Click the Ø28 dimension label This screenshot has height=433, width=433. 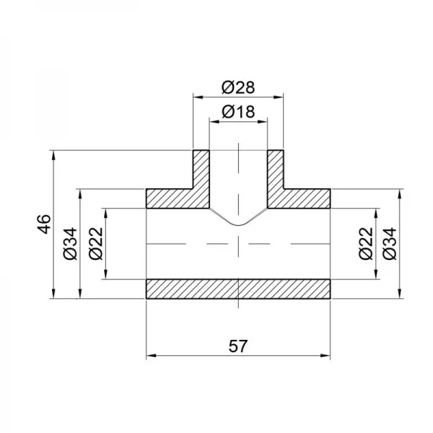[237, 87]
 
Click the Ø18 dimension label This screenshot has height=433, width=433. [237, 112]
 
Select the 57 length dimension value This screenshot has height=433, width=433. [238, 346]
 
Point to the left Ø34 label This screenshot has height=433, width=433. [69, 243]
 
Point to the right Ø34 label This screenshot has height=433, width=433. [390, 243]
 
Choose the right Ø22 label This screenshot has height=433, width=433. [365, 243]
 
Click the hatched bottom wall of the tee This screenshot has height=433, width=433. [238, 289]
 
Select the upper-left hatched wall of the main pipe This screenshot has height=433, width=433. [170, 198]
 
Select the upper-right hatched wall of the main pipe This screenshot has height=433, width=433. [307, 198]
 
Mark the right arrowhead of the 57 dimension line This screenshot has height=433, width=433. [326, 356]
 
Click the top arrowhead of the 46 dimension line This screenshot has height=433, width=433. [54, 154]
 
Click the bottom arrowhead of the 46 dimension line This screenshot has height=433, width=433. [54, 294]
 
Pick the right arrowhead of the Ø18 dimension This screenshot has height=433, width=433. [264, 121]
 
